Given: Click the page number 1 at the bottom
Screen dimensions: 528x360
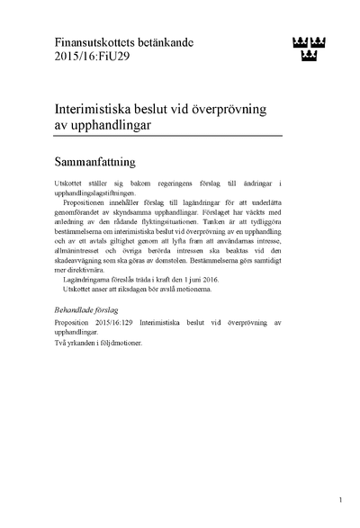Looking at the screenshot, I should click(341, 498).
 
